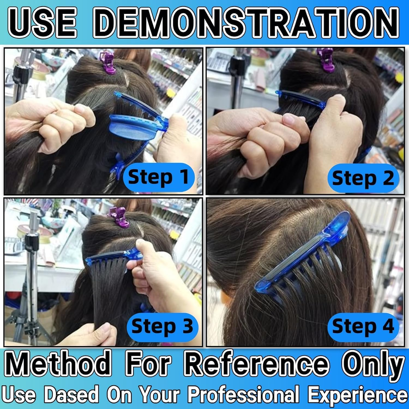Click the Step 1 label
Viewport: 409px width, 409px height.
[x=158, y=177]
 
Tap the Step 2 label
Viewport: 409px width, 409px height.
[x=363, y=179]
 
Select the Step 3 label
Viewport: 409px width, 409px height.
[x=162, y=326]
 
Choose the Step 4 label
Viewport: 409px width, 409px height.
[x=363, y=326]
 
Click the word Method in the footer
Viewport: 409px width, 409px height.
[x=59, y=363]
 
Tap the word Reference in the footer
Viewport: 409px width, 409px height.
[x=258, y=363]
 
